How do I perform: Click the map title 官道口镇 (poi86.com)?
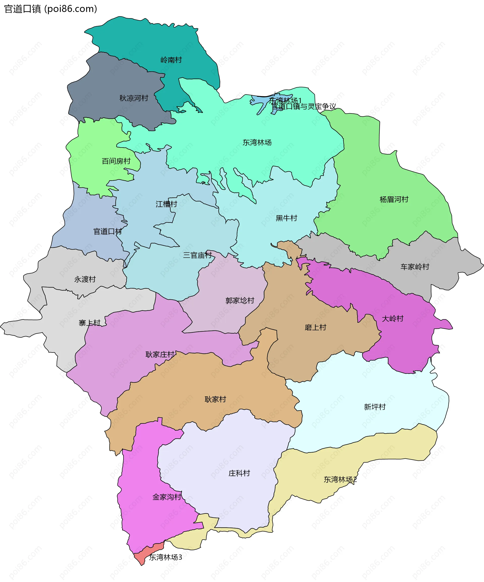(50, 9)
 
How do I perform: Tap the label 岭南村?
(171, 60)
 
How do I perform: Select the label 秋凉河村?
(134, 98)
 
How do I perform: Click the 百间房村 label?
(116, 161)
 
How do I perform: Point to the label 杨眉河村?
(394, 199)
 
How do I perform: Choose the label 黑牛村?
(286, 218)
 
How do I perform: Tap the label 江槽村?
(166, 204)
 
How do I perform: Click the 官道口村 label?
(107, 231)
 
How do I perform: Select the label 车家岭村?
(414, 267)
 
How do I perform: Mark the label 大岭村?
(392, 318)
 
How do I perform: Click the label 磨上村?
(315, 327)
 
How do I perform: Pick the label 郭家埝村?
(240, 300)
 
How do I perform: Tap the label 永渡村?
(85, 279)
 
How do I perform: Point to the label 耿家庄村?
(160, 354)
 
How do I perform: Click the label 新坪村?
(375, 407)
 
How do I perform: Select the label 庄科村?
(239, 473)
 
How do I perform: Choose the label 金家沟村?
(167, 497)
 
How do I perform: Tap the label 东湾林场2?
(340, 479)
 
